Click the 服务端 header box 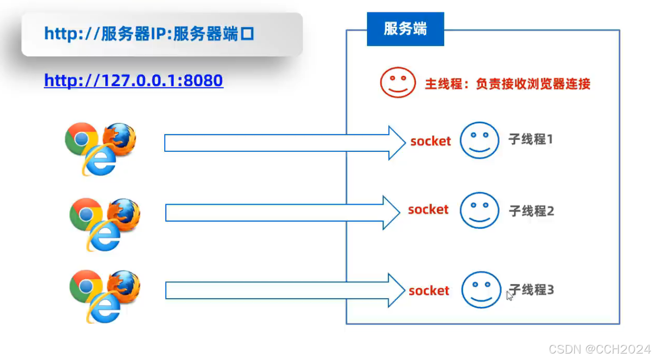point(405,29)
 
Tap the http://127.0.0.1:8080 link point(134,80)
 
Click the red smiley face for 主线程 point(398,83)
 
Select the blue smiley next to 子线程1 point(479,140)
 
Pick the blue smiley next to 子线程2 point(479,210)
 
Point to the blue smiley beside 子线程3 point(481,290)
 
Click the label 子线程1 point(531,139)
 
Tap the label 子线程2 point(531,211)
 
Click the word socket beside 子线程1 point(430,141)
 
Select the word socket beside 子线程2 point(428,210)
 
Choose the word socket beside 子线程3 point(429,291)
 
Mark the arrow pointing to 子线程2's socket point(282,213)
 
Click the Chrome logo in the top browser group point(81,138)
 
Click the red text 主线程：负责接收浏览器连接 point(508,84)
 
